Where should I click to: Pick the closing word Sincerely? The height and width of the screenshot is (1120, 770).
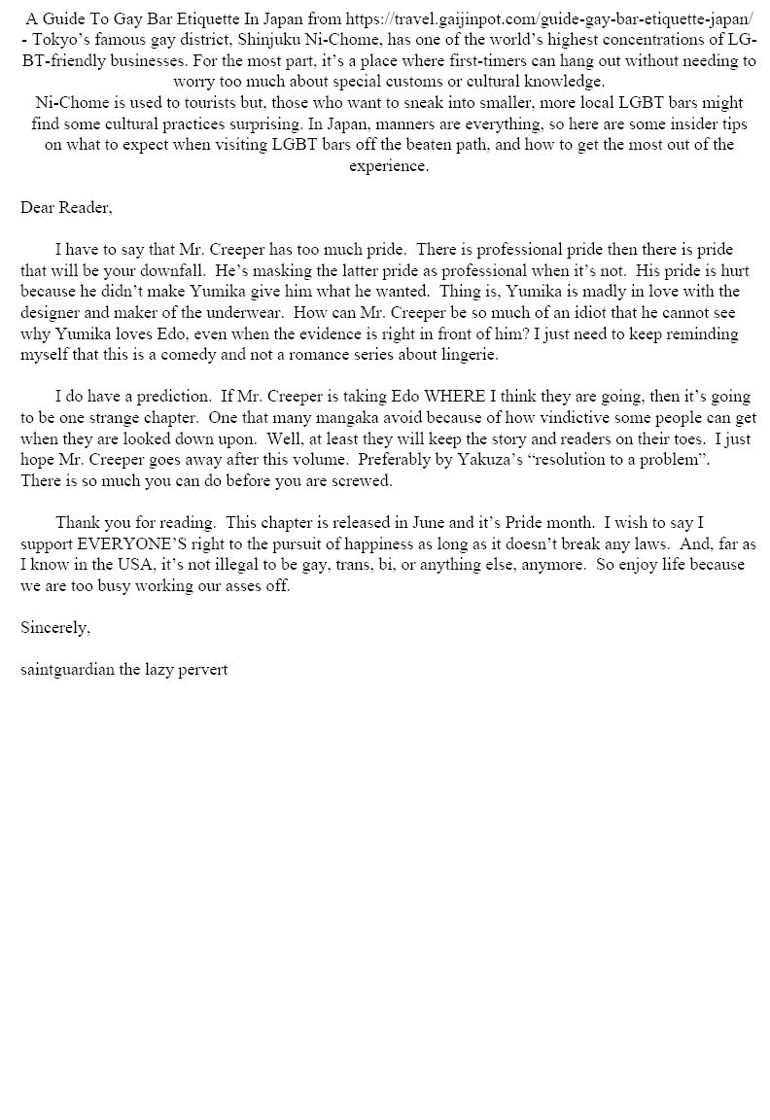click(x=55, y=628)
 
